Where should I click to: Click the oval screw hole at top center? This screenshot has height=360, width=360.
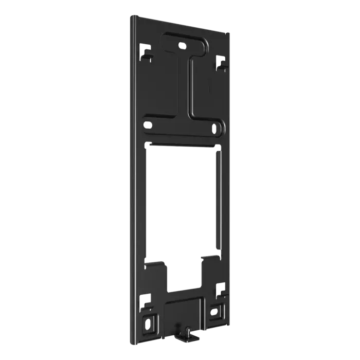coord(182,45)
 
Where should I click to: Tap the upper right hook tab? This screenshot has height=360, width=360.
coord(221,62)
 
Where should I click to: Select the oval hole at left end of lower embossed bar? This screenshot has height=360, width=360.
coord(149,124)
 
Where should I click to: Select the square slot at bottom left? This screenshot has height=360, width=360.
coord(146,298)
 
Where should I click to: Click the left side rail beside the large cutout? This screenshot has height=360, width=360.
coord(138,201)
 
